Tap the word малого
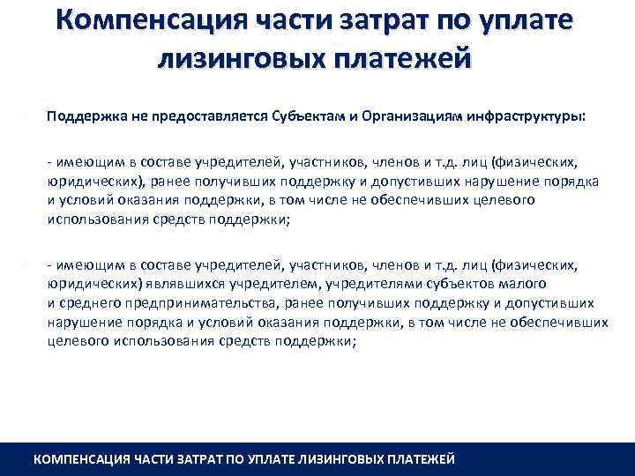(525, 284)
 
